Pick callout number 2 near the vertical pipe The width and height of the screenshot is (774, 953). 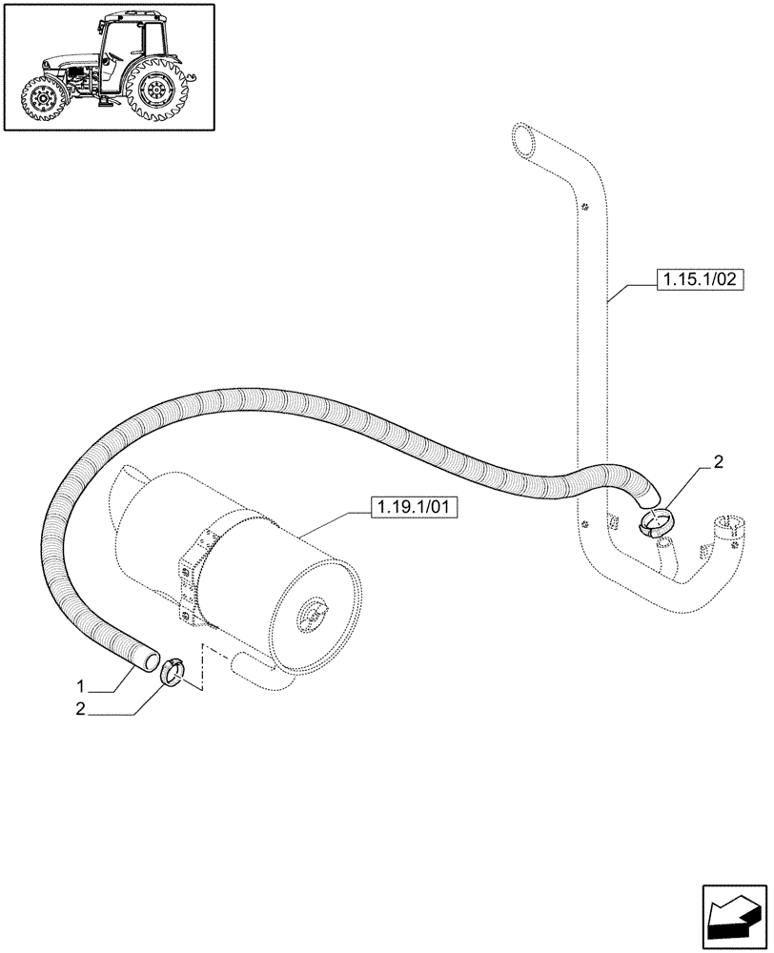click(x=718, y=464)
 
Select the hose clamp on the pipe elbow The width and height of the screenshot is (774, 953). click(x=656, y=521)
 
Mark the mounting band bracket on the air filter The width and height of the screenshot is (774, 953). click(x=193, y=573)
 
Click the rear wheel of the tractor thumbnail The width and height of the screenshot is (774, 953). click(x=155, y=91)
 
